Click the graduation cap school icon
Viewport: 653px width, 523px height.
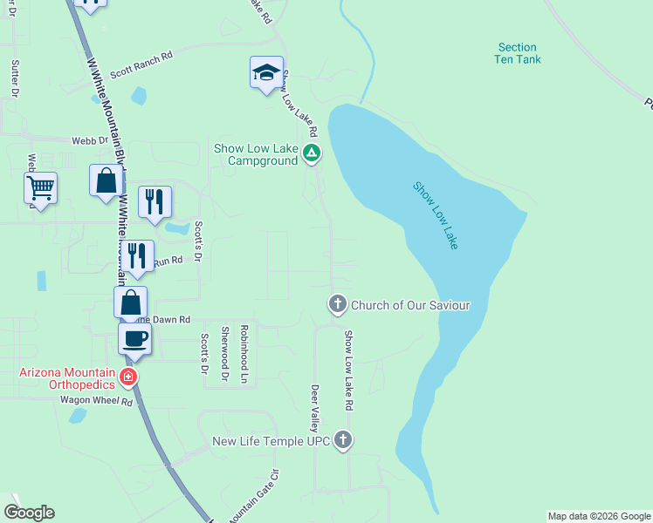pos(266,73)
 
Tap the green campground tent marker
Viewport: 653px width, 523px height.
pos(312,154)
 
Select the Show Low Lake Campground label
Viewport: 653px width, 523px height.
pos(257,154)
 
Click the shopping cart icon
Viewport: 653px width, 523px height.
pos(40,187)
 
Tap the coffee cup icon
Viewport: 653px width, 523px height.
pos(134,339)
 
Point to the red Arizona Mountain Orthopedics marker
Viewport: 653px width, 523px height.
pos(128,377)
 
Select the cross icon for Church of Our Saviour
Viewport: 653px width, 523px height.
pos(337,304)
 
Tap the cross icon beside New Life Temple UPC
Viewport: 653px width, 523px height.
pos(343,440)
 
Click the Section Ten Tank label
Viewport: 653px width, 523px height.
pos(519,53)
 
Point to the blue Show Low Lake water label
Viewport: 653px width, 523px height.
pos(436,215)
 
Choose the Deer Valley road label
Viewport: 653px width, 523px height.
pos(315,407)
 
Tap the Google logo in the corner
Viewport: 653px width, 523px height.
pos(29,513)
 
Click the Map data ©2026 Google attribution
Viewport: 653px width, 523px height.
pos(599,516)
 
